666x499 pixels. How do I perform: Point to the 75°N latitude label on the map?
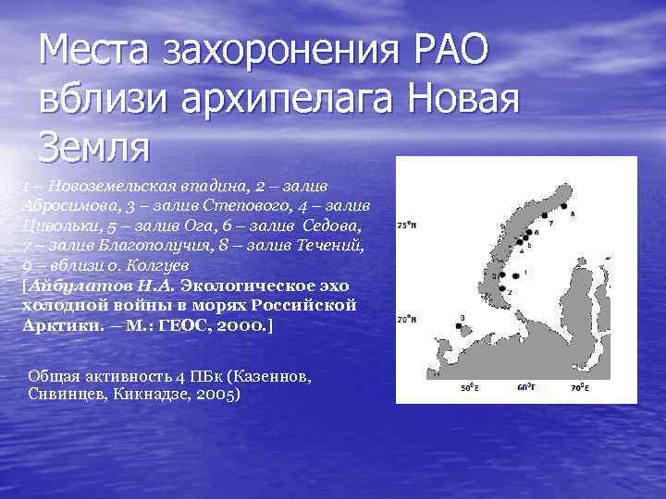click(x=406, y=225)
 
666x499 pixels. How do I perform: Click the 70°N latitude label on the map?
click(x=406, y=320)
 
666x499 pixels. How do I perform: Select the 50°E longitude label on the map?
click(x=469, y=389)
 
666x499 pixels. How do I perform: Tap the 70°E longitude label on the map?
click(x=579, y=389)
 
